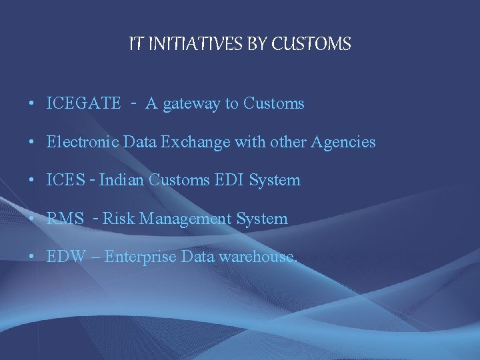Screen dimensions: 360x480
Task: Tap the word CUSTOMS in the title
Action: pos(312,44)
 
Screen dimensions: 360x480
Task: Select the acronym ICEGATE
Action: pos(84,103)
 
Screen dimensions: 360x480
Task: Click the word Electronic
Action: pos(80,142)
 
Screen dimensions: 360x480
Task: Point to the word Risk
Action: pos(119,219)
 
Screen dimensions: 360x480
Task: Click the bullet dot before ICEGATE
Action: pos(32,104)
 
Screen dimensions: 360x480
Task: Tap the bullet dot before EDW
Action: pos(32,257)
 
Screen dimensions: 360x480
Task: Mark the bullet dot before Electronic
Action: pos(32,143)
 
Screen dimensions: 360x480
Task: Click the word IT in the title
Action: pos(135,44)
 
